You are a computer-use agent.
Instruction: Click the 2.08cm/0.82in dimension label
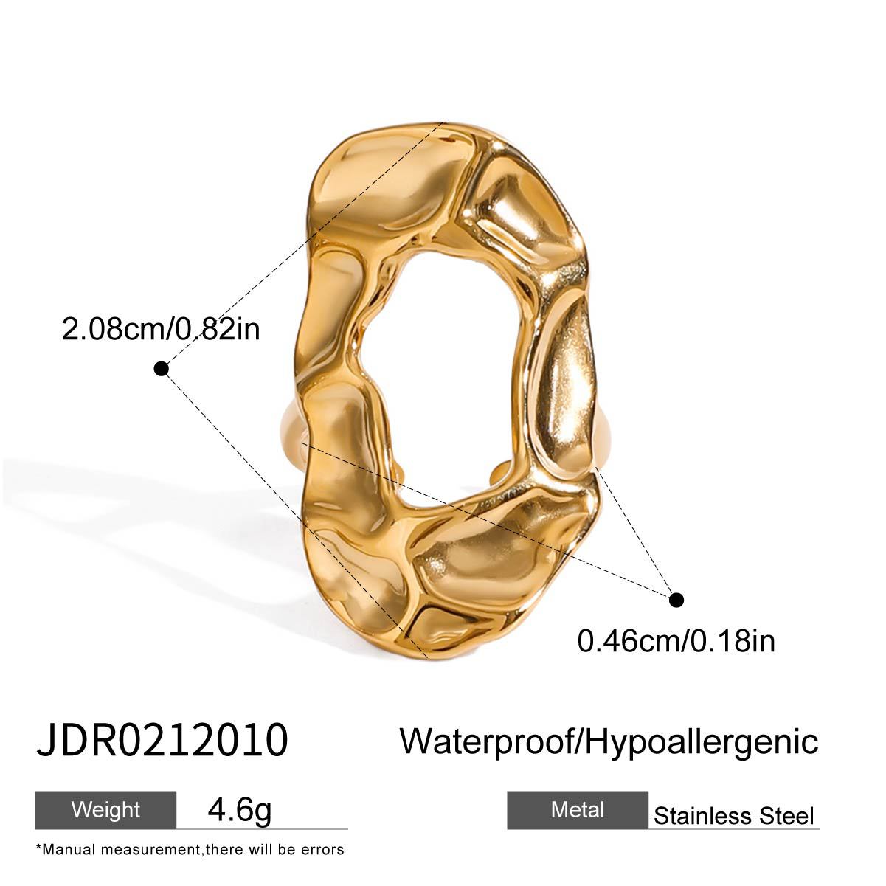pos(161,328)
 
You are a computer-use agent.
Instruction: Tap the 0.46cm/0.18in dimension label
pos(676,640)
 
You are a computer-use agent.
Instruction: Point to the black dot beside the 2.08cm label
pos(161,368)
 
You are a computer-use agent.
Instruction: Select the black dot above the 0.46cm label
pos(676,599)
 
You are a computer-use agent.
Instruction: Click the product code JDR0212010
pos(162,740)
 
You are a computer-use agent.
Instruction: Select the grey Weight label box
pos(105,809)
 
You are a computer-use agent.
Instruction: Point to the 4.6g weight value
pos(240,809)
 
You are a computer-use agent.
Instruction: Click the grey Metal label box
pos(578,810)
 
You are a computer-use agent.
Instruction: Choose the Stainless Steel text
pos(734,816)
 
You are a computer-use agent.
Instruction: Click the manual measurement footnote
pos(190,849)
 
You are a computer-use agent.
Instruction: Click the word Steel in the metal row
pos(788,816)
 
